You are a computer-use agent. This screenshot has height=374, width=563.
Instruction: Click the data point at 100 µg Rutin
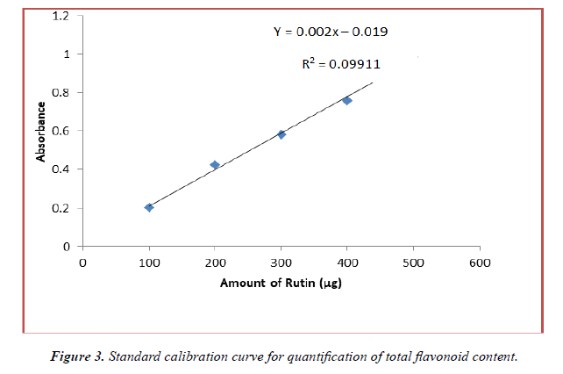tap(149, 207)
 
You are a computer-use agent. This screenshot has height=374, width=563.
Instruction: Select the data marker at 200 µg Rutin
tap(215, 165)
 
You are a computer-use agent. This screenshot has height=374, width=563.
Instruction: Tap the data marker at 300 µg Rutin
tap(281, 134)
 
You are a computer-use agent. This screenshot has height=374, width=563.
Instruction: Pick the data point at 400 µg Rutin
tap(347, 101)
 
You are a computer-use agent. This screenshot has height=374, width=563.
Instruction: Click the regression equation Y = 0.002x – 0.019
tap(331, 32)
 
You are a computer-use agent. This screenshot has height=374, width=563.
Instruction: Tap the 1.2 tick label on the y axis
tap(61, 15)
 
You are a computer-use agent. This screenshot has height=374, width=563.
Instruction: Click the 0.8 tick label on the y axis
tap(61, 92)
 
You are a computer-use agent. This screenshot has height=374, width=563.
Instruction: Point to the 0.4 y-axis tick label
tap(61, 169)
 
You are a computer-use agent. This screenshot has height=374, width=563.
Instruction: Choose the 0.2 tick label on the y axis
tap(61, 208)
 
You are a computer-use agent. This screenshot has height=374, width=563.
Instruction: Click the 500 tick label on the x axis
tap(413, 262)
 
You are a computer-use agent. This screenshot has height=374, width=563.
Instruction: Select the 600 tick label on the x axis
tap(480, 262)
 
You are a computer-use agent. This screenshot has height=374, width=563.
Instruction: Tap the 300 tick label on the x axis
tap(281, 262)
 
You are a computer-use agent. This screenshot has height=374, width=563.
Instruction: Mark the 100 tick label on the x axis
tap(149, 262)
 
